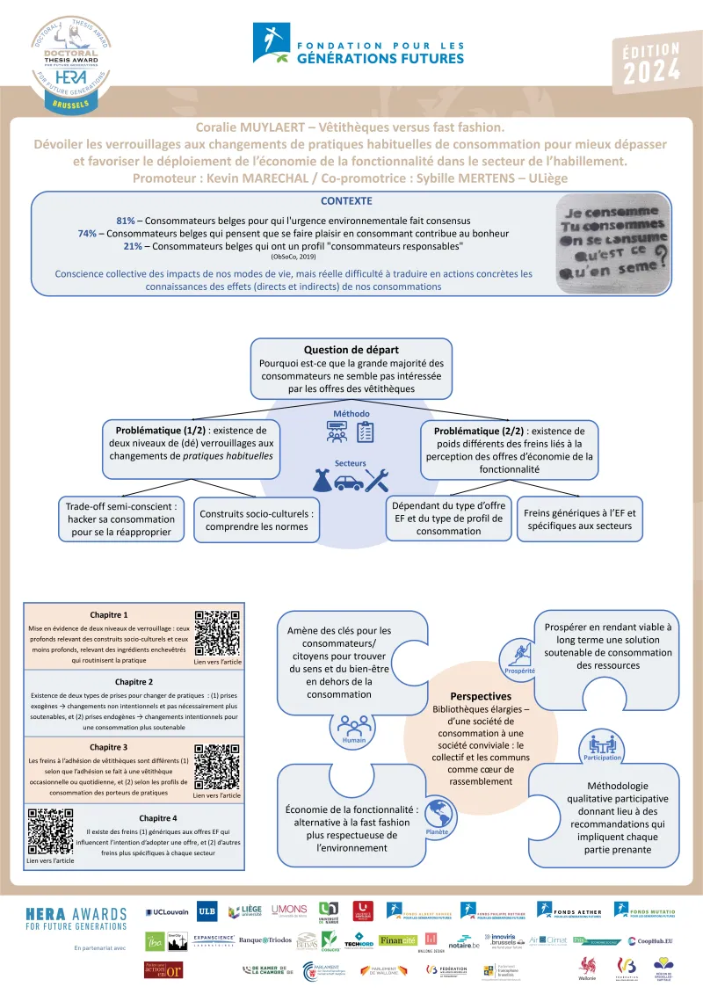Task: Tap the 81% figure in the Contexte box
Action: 125,220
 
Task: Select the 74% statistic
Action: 87,234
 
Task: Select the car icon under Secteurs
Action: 350,481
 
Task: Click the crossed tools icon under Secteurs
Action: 378,480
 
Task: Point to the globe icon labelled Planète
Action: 437,812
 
